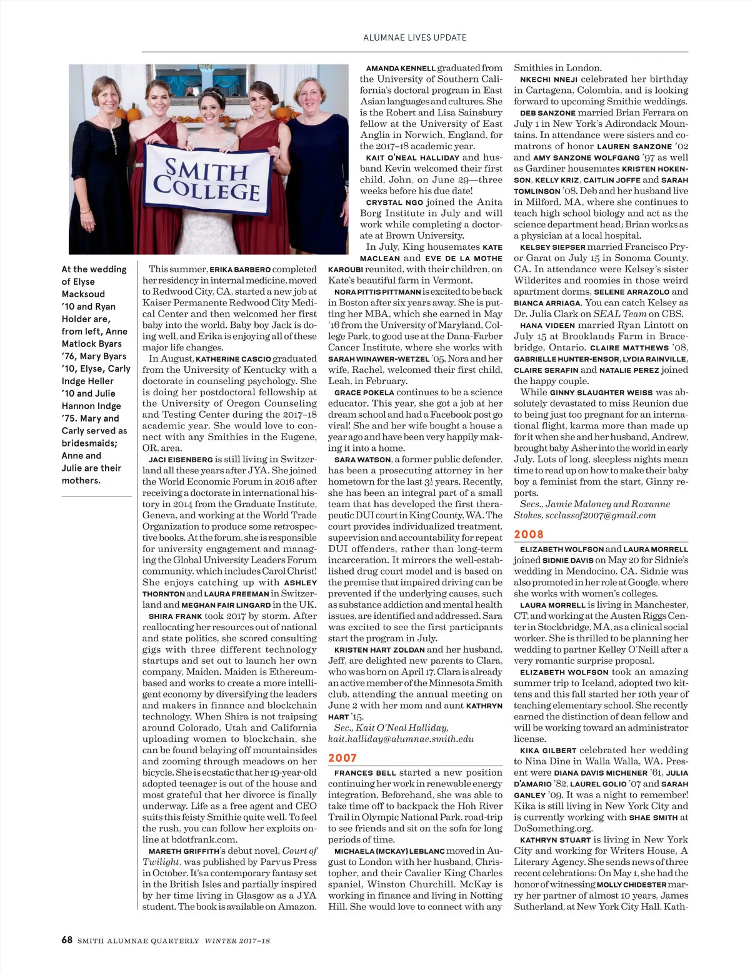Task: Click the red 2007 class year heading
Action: [x=342, y=758]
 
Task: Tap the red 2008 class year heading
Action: [x=529, y=534]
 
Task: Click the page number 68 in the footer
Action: [x=67, y=939]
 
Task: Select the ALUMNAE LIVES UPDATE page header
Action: [x=415, y=37]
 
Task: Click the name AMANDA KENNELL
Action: [x=401, y=68]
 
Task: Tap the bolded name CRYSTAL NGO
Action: [x=394, y=202]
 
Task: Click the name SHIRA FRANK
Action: [x=176, y=616]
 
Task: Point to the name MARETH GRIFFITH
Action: [x=184, y=851]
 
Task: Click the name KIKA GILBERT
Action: [x=548, y=751]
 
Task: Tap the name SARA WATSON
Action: [x=362, y=460]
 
